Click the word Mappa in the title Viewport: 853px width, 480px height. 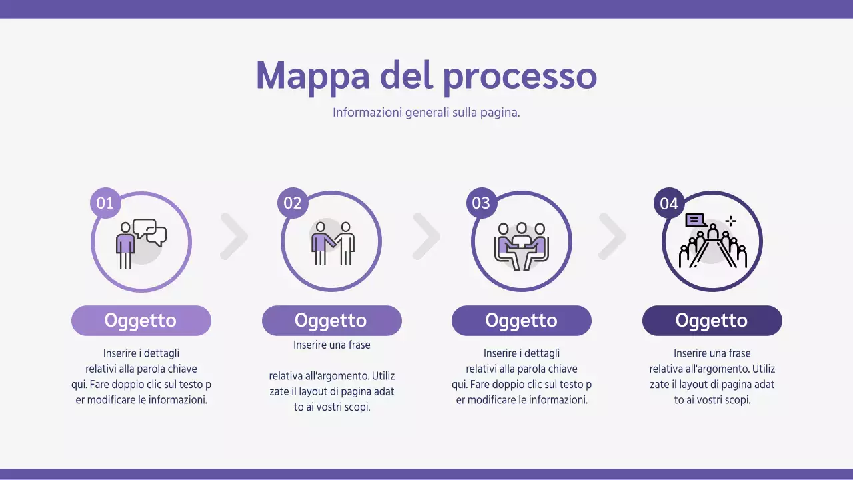click(x=312, y=76)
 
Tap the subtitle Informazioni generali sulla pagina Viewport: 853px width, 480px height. click(x=426, y=112)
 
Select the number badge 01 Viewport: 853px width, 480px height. click(x=105, y=203)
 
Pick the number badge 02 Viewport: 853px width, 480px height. click(x=293, y=203)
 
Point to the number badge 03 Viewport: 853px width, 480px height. click(x=481, y=203)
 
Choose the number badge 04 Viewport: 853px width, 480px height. click(x=669, y=203)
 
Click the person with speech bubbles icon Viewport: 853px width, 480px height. click(x=141, y=242)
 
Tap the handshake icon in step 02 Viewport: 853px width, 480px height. click(x=332, y=243)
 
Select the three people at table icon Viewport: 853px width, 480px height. click(x=522, y=245)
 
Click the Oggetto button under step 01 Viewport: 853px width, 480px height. click(x=141, y=321)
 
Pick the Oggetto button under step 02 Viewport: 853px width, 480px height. click(x=331, y=321)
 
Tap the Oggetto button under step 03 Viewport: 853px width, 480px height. click(x=521, y=321)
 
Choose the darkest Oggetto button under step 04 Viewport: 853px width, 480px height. click(x=712, y=321)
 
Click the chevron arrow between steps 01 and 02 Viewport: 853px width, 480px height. click(x=235, y=236)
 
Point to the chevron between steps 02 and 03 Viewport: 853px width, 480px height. click(x=426, y=236)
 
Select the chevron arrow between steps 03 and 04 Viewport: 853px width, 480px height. click(x=612, y=236)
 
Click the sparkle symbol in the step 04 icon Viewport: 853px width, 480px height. click(x=730, y=221)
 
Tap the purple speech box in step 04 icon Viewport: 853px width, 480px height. click(x=696, y=220)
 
